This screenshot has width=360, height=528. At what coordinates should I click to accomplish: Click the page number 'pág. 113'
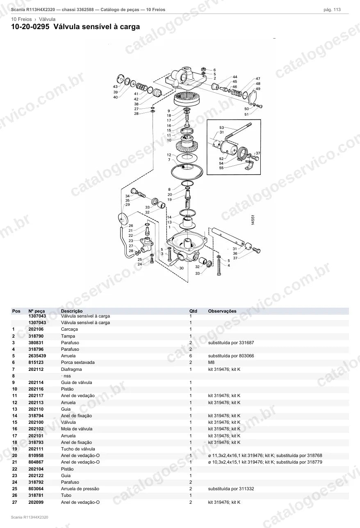332,10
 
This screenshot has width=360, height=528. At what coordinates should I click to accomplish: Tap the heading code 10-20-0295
30,27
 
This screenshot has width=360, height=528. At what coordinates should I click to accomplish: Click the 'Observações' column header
222,311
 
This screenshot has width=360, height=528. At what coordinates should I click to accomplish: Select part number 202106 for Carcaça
36,329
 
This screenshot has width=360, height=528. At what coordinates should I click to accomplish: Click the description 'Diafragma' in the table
71,369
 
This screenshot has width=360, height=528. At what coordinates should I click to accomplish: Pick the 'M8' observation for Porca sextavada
211,362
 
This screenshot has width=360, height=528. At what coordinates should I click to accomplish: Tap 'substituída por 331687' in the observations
231,343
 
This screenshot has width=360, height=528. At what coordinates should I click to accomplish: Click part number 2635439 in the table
37,356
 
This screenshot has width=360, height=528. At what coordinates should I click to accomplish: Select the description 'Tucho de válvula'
78,449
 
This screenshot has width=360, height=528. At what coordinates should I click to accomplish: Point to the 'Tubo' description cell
66,495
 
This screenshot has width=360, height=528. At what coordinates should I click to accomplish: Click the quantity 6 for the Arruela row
191,356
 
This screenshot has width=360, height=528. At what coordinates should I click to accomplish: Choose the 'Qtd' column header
193,311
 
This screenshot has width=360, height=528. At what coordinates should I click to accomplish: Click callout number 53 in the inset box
222,128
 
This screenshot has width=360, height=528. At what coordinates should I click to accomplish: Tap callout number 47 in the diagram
258,79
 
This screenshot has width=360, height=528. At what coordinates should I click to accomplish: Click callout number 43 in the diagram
115,87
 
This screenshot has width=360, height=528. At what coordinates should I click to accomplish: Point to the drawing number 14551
253,219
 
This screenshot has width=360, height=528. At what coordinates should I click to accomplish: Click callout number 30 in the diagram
181,268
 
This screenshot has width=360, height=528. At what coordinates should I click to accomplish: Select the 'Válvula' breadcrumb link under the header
47,19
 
